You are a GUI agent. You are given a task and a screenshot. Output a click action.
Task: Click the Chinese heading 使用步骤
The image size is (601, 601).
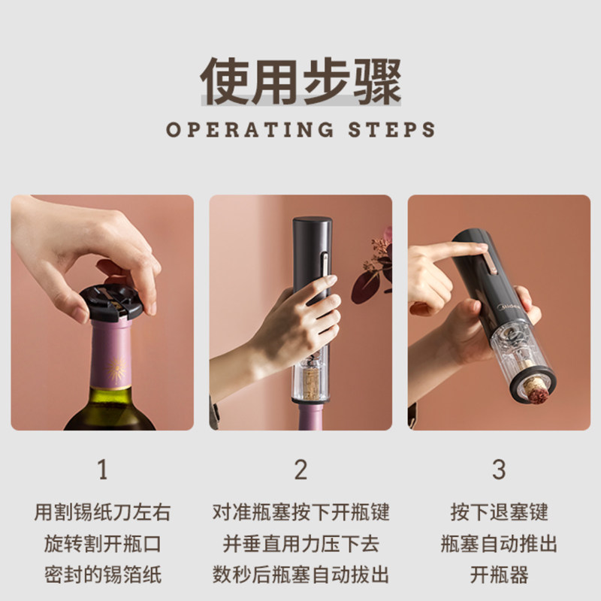(301, 81)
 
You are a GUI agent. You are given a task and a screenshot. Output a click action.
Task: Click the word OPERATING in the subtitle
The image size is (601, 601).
(250, 129)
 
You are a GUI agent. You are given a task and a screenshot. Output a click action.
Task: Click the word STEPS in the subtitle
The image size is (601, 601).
(391, 129)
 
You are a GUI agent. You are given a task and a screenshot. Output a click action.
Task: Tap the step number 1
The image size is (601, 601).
(102, 470)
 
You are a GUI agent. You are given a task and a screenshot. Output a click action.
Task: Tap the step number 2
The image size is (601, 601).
(301, 470)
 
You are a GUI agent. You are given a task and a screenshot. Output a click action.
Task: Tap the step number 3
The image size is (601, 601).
(499, 470)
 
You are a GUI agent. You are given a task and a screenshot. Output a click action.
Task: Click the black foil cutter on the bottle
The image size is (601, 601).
(111, 302)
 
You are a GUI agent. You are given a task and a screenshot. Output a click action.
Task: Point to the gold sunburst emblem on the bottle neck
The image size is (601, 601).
(116, 369)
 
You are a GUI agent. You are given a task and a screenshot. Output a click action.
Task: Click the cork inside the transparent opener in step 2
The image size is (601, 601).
(310, 382)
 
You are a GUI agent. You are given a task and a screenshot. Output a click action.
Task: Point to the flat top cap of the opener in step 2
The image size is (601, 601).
(313, 222)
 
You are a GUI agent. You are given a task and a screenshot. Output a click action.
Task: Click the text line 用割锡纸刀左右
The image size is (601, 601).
(102, 512)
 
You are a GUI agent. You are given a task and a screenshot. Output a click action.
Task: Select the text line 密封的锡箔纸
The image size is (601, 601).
(103, 575)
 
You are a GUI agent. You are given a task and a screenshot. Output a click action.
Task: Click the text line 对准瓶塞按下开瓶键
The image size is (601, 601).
(301, 512)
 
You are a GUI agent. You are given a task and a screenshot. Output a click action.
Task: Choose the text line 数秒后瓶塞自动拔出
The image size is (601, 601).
(301, 575)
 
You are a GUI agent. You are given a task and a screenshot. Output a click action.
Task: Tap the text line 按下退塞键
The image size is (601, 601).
(499, 512)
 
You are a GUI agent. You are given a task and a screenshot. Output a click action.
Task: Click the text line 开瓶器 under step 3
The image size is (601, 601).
(499, 575)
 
